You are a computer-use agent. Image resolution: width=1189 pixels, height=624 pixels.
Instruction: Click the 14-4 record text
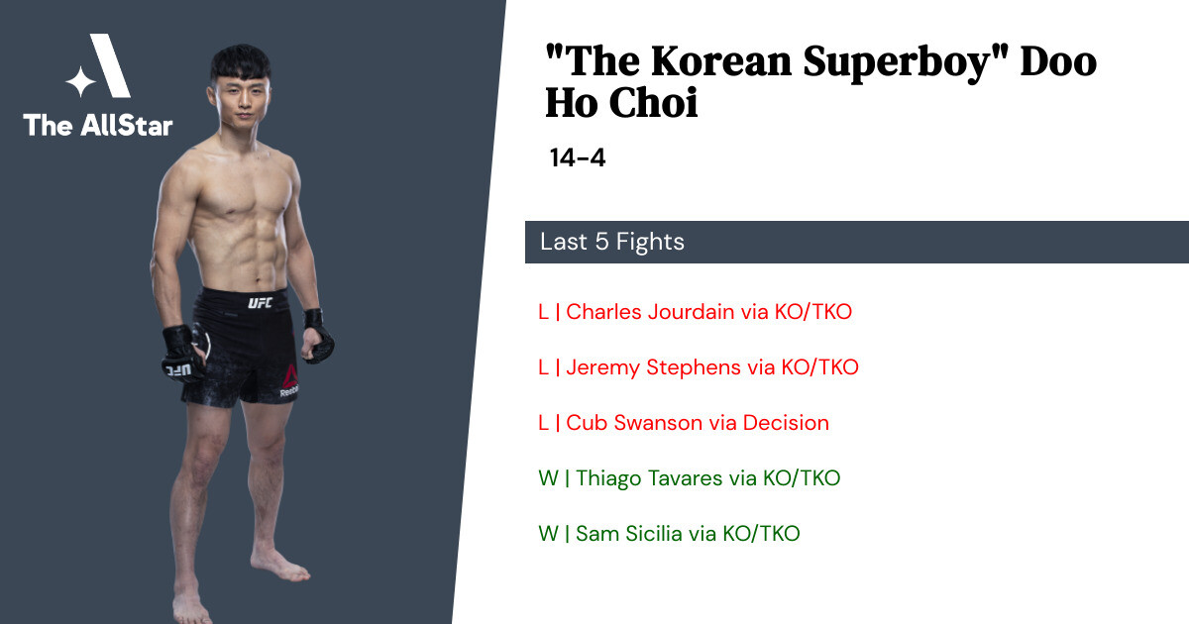pos(578,157)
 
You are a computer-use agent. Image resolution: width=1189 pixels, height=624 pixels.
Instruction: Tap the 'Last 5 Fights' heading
pos(612,242)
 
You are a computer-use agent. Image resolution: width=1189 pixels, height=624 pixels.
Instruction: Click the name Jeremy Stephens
pos(653,367)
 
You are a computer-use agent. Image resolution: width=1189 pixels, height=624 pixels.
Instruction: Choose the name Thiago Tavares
pos(649,478)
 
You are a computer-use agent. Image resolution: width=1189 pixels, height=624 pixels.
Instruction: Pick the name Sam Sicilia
pos(630,534)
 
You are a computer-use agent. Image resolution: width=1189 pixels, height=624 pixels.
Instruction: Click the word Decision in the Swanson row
pos(786,423)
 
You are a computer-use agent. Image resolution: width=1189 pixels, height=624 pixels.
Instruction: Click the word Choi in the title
pos(653,103)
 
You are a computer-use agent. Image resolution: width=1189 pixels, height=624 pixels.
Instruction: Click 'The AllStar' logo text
pos(98,125)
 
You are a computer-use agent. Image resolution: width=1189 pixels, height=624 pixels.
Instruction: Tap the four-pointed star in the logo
pos(80,81)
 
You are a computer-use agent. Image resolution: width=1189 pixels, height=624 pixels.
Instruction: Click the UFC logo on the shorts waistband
pos(260,303)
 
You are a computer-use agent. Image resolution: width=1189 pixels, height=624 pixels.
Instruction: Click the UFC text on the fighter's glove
pos(176,369)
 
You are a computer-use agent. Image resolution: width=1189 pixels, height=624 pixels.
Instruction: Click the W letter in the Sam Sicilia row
pos(548,534)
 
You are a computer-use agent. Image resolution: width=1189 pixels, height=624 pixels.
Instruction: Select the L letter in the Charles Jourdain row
pos(543,312)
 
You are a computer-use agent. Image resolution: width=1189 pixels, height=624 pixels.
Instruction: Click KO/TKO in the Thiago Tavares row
pos(802,478)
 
